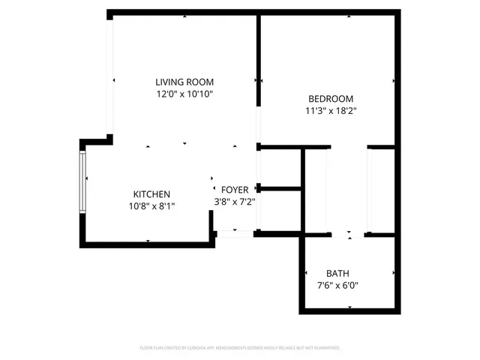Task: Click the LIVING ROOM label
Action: [184, 82]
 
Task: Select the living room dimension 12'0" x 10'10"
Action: [184, 94]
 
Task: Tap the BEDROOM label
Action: [331, 98]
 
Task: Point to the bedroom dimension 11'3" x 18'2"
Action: [331, 111]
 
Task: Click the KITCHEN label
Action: [151, 193]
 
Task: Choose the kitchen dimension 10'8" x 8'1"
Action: [151, 206]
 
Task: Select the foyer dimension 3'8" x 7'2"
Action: [235, 202]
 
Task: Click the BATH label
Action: [337, 273]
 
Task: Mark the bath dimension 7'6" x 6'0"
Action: [337, 286]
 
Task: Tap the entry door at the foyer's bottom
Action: [235, 235]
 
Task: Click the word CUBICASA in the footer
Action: [215, 348]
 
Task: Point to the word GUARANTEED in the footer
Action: [325, 348]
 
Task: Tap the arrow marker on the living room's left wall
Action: [114, 80]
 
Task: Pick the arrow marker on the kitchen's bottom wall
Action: [148, 241]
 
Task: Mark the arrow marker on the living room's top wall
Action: [184, 18]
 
